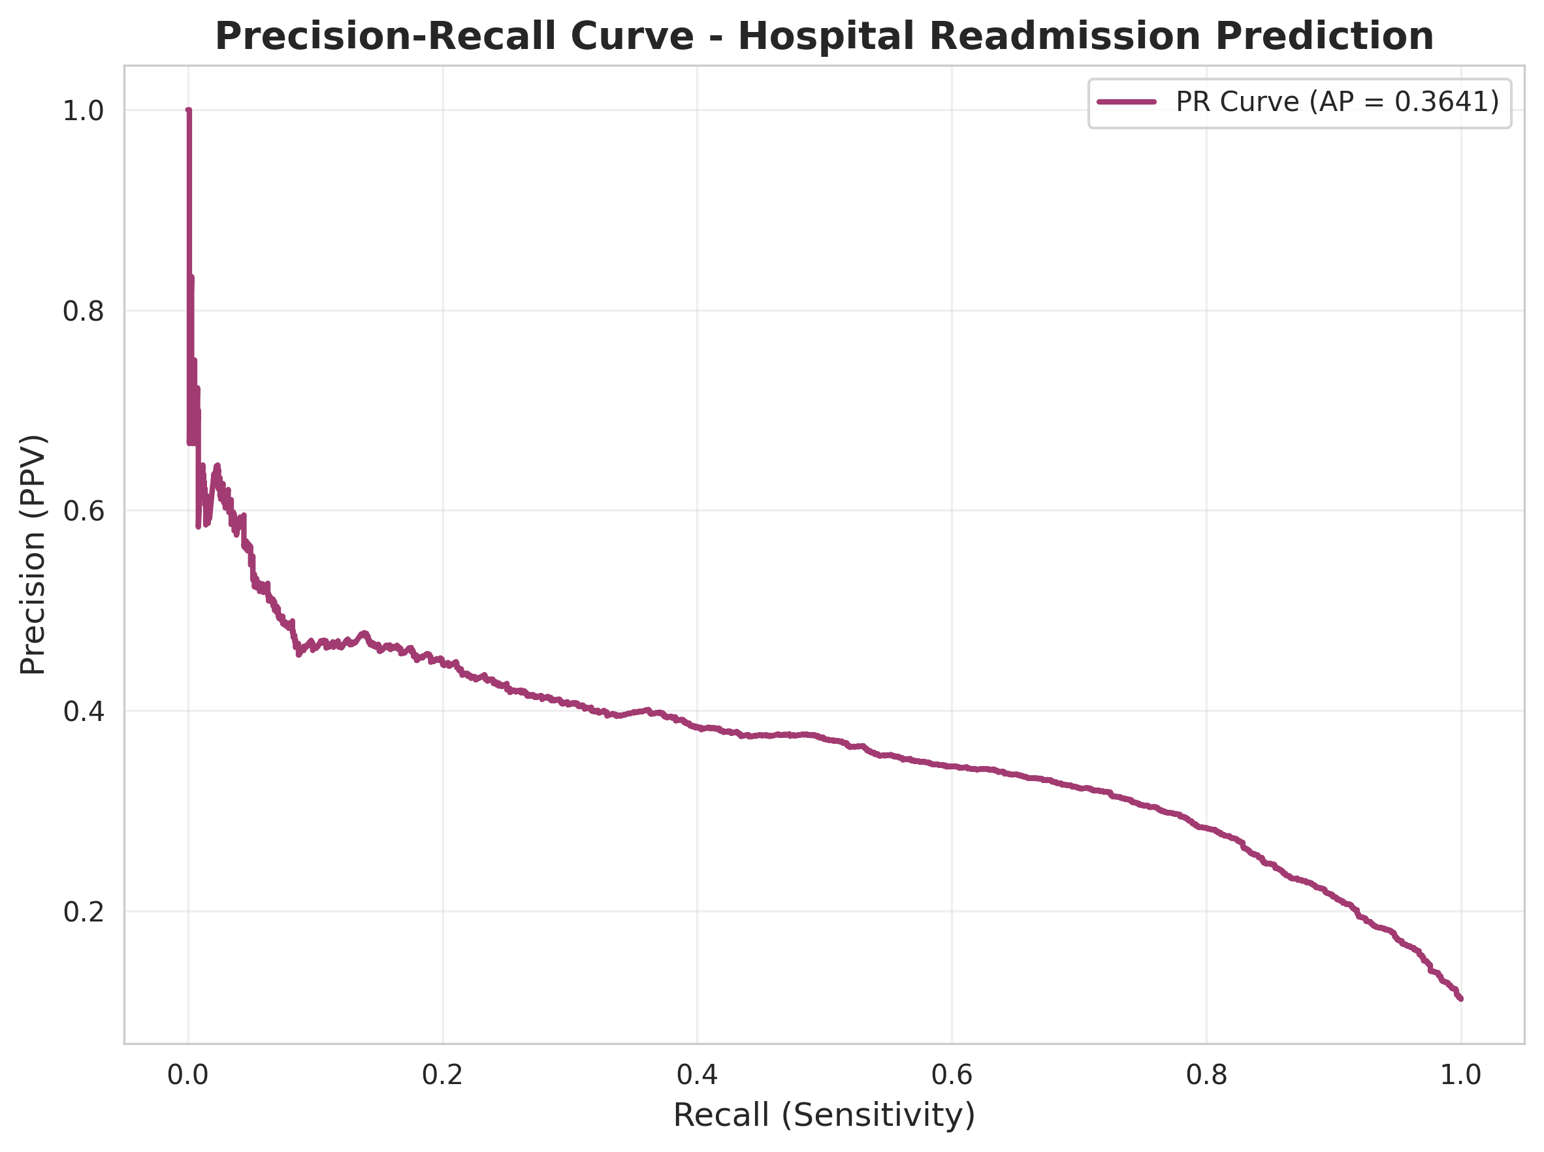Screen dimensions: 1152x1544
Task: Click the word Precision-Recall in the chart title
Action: tap(454, 37)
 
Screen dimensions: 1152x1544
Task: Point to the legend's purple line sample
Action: tap(1127, 102)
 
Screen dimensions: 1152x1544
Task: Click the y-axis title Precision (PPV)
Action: tap(32, 554)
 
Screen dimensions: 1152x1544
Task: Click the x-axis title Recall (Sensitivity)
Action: tap(824, 1115)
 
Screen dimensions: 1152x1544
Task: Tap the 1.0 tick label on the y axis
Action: tap(83, 111)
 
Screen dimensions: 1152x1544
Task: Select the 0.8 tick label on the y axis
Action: tap(83, 311)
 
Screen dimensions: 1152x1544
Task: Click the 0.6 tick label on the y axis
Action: tap(83, 511)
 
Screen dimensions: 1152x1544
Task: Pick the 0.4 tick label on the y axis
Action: tap(83, 711)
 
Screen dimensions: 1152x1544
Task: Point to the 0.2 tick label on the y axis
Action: tap(83, 912)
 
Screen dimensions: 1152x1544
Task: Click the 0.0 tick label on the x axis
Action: tap(187, 1076)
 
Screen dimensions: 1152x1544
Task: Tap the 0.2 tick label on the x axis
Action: tap(442, 1076)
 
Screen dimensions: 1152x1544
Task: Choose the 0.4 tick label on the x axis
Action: tap(697, 1076)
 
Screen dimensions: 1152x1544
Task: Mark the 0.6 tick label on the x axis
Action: tap(951, 1076)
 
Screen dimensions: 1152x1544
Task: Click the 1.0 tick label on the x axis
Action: tap(1460, 1076)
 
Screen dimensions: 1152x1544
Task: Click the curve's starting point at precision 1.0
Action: tap(188, 111)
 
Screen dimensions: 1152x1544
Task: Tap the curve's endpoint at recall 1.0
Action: tap(1460, 999)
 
